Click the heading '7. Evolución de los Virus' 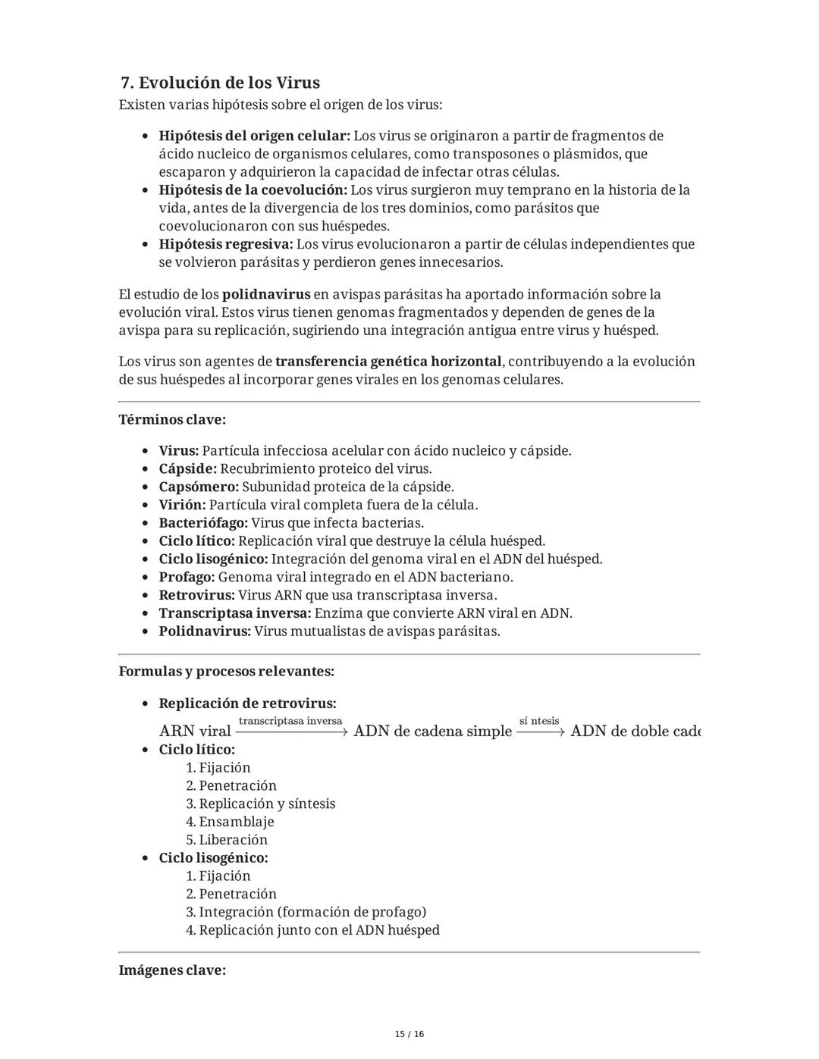click(x=220, y=83)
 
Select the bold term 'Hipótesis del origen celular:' click(x=254, y=136)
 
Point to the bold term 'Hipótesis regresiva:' click(x=225, y=244)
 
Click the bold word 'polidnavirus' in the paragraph click(x=266, y=294)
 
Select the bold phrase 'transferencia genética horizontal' click(x=388, y=362)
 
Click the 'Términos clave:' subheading click(x=172, y=419)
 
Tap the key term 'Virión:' click(x=182, y=505)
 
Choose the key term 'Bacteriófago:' click(x=203, y=523)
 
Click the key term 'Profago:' click(x=187, y=577)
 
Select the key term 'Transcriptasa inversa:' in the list click(x=235, y=613)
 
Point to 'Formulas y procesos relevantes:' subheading click(x=226, y=671)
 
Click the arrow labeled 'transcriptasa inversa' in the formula click(x=291, y=732)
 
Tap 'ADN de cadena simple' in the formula click(x=432, y=732)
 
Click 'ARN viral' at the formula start click(x=195, y=732)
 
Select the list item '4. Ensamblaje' click(x=230, y=822)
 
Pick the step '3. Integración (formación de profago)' click(x=306, y=912)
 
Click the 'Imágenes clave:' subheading click(x=172, y=970)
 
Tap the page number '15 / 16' click(x=409, y=1034)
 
